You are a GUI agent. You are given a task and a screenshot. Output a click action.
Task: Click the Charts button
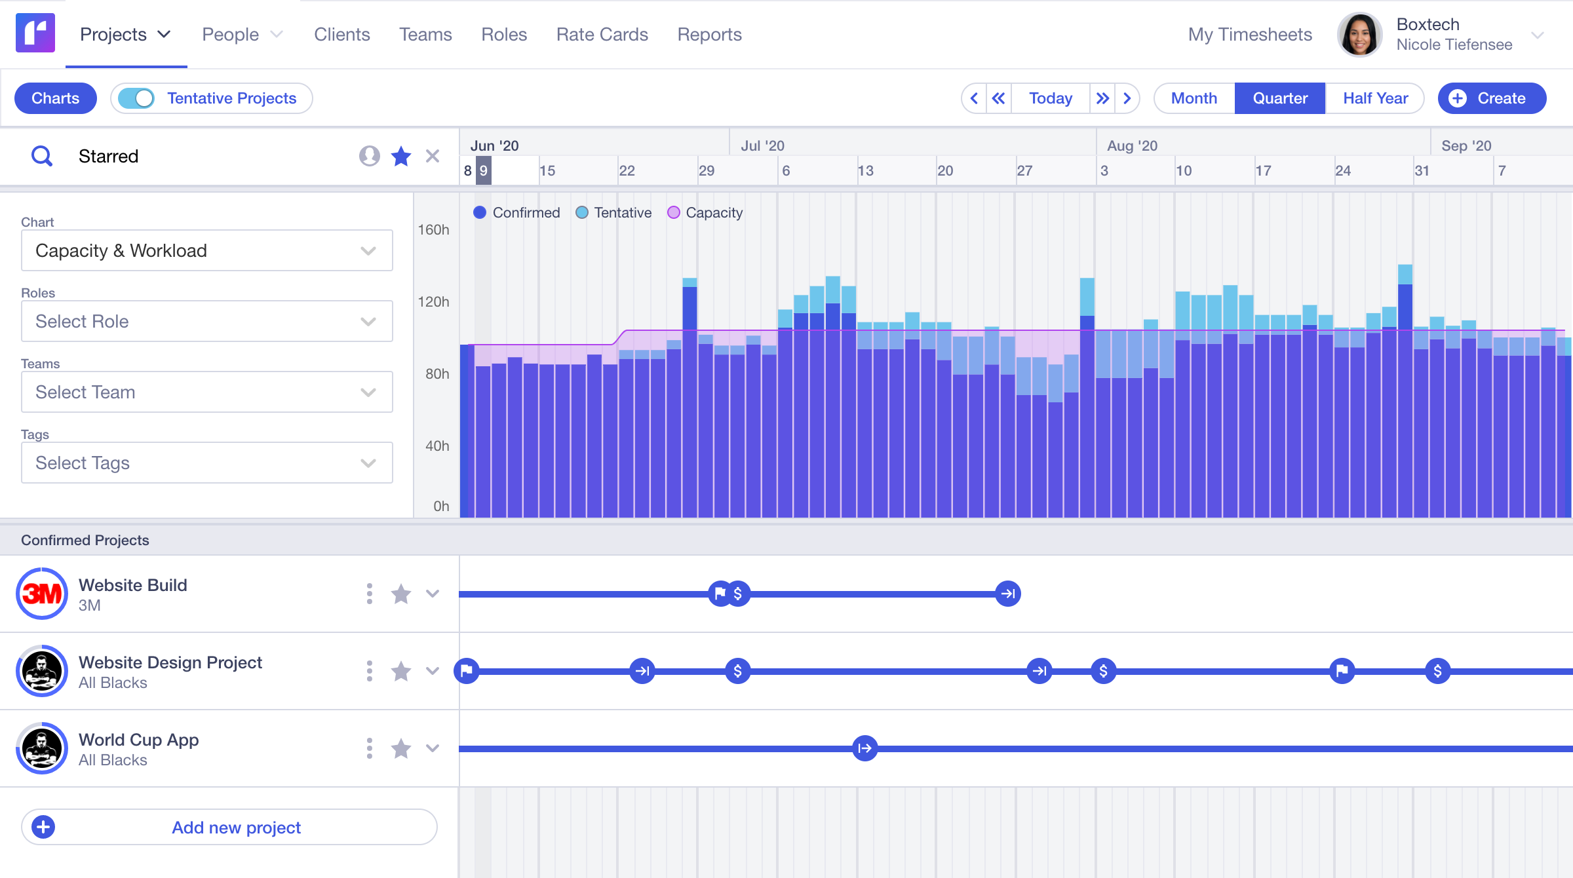[56, 98]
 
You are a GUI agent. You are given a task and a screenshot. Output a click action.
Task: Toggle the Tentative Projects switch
[136, 98]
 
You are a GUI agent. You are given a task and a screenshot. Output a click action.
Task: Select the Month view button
[1194, 98]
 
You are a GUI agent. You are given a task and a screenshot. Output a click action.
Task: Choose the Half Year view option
[1375, 98]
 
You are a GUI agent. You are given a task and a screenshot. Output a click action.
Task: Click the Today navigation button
[1050, 98]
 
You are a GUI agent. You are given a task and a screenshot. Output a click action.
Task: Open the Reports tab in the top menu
[709, 34]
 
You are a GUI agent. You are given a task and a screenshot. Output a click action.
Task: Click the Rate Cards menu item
[602, 34]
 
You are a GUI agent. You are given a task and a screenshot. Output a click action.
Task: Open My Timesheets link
[1250, 34]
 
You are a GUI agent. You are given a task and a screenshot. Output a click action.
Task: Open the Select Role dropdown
[206, 321]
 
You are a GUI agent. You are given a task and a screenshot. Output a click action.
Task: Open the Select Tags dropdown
[206, 463]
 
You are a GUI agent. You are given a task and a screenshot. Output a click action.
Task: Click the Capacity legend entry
[705, 212]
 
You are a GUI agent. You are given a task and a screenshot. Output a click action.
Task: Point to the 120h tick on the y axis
[434, 301]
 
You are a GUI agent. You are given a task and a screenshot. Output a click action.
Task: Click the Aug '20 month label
[1132, 145]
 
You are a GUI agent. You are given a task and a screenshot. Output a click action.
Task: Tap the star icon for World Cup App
[401, 748]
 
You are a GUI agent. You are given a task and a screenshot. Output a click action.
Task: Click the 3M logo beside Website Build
[42, 594]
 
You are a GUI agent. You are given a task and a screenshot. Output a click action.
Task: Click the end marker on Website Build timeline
[1008, 594]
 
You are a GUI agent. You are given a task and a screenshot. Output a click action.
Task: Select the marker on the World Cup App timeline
[865, 748]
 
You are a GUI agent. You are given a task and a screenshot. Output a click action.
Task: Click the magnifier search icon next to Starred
[42, 156]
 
